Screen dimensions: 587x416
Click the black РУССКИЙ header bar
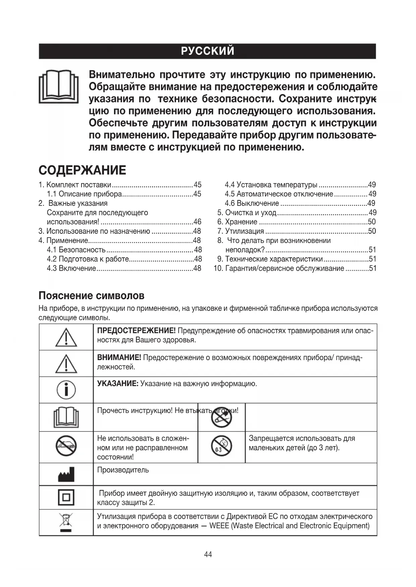(207, 51)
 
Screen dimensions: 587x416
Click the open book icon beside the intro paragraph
(59, 86)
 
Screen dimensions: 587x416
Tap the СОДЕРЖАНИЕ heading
(82, 170)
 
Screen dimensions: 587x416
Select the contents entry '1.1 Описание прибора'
(90, 194)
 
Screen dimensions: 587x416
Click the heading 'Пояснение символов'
(92, 296)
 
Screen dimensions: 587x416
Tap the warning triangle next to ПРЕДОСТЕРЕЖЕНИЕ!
(66, 337)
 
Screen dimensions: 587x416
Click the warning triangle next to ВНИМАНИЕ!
(66, 364)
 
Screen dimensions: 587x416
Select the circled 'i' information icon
(66, 390)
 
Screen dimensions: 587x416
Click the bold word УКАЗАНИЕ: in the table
(118, 384)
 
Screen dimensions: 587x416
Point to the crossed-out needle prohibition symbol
(222, 417)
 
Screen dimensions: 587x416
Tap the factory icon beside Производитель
(66, 475)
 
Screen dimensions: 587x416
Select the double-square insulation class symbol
(66, 498)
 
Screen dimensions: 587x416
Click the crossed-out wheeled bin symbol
(66, 522)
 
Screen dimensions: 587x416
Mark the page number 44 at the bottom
(208, 555)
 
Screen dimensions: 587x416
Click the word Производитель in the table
(123, 470)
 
